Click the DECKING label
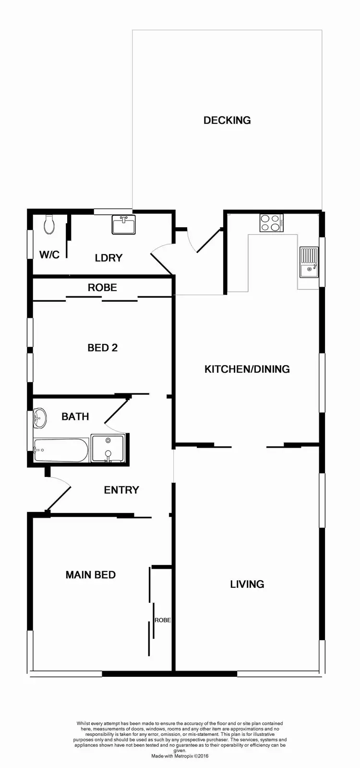[227, 120]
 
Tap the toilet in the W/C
[49, 224]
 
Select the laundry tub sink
[124, 224]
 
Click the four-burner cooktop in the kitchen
[271, 223]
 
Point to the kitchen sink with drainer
[309, 262]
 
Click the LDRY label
[108, 258]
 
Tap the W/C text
[49, 254]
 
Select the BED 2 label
[102, 347]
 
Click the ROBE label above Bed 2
[102, 287]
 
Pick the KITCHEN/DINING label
[247, 369]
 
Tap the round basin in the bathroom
[40, 418]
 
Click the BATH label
[75, 416]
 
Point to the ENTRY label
[121, 490]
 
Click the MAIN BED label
[90, 574]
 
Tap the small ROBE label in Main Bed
[163, 620]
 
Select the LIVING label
[247, 584]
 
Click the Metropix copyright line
[180, 756]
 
